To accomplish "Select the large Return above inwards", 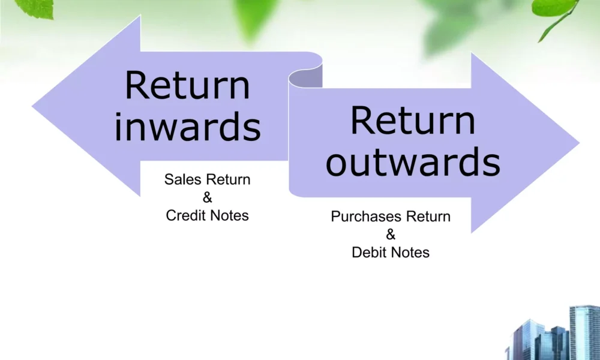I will click(187, 85).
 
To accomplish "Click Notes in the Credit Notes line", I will click(230, 215).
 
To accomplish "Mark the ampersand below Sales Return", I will click(207, 197).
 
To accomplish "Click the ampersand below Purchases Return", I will click(391, 235).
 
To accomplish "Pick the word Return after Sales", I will click(229, 179).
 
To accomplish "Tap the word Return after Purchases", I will click(428, 217).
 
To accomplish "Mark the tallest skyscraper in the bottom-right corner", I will click(584, 333).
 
